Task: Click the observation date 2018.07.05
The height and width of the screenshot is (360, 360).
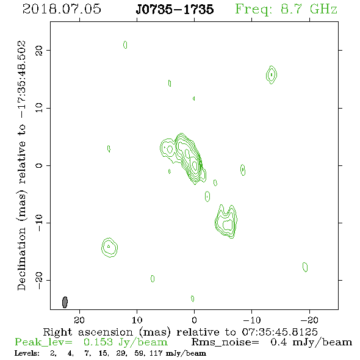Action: (62, 9)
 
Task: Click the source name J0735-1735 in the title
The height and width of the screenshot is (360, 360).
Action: (175, 9)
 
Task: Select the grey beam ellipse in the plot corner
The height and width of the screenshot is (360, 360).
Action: (65, 302)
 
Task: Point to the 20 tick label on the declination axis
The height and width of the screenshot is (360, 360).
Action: (39, 50)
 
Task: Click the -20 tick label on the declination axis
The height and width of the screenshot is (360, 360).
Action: (39, 281)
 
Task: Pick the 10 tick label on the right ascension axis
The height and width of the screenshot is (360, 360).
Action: (137, 320)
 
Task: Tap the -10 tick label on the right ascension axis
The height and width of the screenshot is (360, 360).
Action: (252, 320)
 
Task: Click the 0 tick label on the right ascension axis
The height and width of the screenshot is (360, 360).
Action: (194, 320)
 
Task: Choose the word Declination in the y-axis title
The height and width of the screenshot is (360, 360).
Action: (21, 259)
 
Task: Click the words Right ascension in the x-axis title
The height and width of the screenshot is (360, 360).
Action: (88, 332)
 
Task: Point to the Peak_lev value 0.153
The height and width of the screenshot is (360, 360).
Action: (98, 342)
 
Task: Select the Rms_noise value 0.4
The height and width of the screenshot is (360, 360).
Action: (278, 342)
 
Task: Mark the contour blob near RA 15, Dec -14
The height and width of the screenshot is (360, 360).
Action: (109, 247)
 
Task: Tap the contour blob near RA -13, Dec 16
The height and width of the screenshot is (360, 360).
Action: (272, 74)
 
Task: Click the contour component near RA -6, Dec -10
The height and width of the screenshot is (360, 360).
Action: (226, 221)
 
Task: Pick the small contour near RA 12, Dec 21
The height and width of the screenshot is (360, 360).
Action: (125, 45)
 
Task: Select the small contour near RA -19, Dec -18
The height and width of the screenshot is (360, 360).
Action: (305, 267)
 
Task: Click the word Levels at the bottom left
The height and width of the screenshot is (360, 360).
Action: (27, 353)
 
